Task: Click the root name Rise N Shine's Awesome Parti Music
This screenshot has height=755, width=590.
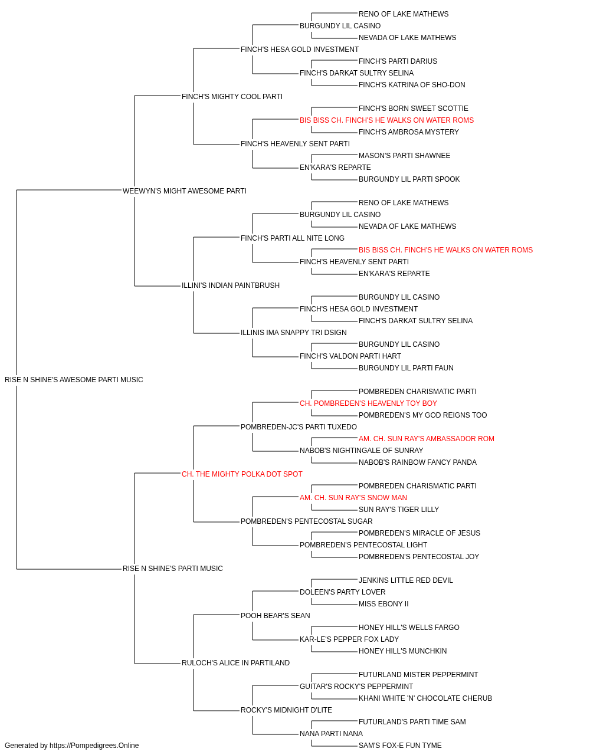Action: (74, 380)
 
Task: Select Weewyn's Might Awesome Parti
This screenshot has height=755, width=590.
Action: (185, 191)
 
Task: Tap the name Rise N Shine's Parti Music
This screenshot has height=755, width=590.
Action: (173, 569)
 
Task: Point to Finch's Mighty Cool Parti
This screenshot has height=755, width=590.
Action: (232, 97)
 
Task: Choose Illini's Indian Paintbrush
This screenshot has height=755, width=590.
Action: (231, 285)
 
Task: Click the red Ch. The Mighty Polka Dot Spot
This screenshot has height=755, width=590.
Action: (242, 474)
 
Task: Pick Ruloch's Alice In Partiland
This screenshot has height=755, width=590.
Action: (235, 662)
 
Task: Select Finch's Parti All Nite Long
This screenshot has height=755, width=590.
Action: (293, 238)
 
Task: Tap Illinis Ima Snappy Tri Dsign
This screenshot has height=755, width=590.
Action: (294, 333)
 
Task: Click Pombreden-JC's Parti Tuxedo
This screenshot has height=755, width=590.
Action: (299, 426)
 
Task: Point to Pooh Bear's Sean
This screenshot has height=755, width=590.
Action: (276, 615)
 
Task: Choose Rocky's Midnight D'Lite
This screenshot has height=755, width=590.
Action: (286, 710)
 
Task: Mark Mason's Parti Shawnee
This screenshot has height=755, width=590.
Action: (405, 156)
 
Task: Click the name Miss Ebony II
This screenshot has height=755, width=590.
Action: (383, 604)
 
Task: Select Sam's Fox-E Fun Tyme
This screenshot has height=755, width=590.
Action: (400, 746)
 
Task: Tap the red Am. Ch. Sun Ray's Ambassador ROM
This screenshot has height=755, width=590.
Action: (427, 438)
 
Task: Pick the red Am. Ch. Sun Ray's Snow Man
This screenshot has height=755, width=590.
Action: (353, 498)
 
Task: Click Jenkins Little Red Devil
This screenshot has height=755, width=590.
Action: (406, 580)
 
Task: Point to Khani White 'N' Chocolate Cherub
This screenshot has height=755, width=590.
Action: (425, 698)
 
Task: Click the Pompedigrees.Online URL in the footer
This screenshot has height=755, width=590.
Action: (94, 746)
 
